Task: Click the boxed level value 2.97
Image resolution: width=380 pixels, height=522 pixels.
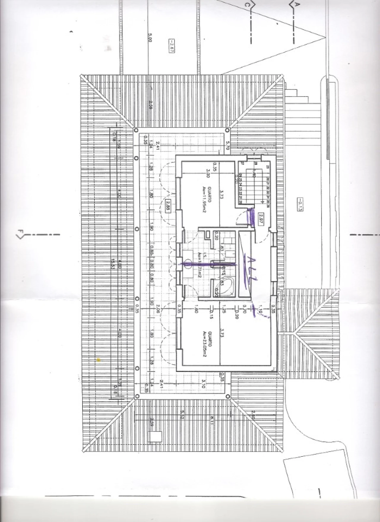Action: tap(262, 219)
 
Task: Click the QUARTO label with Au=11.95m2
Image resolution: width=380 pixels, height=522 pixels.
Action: tap(208, 194)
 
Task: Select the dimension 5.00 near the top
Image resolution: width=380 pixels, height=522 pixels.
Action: tap(150, 38)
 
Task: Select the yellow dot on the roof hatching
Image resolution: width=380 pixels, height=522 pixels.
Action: tap(99, 359)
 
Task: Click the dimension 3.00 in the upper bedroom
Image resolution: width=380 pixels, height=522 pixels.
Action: tap(208, 173)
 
